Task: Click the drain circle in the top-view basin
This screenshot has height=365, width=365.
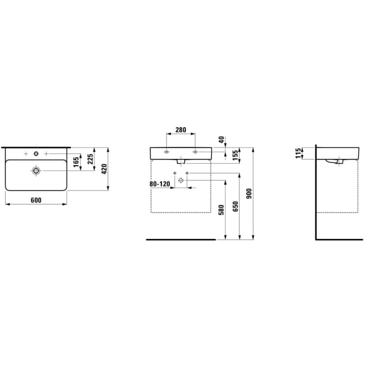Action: tap(36, 171)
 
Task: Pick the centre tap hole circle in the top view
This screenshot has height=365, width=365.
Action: tap(36, 154)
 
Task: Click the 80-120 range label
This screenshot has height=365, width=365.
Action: tap(159, 184)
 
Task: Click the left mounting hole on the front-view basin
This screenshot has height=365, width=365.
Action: tap(167, 151)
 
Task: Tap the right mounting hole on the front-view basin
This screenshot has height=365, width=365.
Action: tap(195, 151)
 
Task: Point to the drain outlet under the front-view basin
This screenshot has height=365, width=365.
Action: tap(181, 161)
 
